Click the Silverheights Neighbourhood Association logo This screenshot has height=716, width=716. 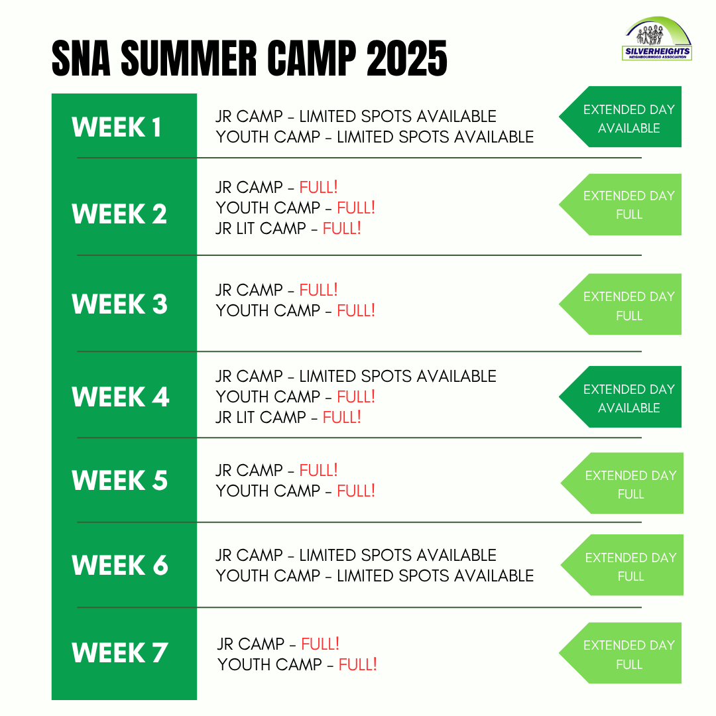657,38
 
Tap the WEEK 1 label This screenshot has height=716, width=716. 117,127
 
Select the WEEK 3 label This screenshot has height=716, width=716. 119,304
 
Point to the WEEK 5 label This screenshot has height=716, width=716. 119,481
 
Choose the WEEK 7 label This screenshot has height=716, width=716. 119,652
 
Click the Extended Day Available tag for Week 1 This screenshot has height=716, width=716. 620,117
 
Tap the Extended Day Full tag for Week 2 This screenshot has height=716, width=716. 620,205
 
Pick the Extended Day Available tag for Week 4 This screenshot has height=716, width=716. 620,397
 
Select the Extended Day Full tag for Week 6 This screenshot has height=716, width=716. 622,566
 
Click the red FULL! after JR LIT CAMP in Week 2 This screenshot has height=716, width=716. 342,228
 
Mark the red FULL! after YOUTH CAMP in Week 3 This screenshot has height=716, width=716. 356,310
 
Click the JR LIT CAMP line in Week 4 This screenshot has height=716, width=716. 288,418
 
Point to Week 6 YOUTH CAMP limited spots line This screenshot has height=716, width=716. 375,576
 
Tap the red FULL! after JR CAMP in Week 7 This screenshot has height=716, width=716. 321,644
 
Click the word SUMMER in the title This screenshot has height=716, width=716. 189,58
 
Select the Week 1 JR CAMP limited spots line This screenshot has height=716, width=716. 356,117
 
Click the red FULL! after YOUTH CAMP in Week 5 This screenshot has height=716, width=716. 356,491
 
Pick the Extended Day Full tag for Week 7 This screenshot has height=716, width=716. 620,654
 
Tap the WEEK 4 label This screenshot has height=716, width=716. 121,396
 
